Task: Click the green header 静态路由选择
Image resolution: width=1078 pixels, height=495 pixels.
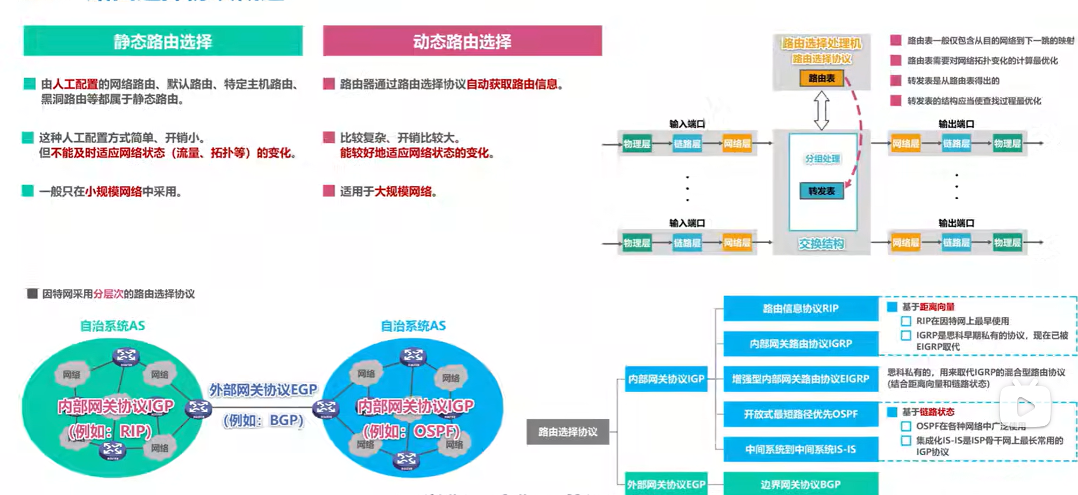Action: tap(163, 41)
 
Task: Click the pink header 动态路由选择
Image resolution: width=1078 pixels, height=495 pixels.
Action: tap(462, 41)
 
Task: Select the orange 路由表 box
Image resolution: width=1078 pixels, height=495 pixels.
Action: tap(821, 78)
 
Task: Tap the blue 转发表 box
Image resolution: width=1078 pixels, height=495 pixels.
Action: tap(822, 191)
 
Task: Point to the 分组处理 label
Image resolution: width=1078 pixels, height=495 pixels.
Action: tap(822, 159)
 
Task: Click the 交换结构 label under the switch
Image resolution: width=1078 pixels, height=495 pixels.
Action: tap(821, 244)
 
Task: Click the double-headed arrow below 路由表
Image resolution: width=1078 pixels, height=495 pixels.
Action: tap(821, 111)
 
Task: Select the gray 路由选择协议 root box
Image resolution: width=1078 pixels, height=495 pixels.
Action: tap(568, 432)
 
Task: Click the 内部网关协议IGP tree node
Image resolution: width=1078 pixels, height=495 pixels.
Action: tap(666, 379)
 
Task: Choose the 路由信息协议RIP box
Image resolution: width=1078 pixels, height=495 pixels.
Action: tap(801, 309)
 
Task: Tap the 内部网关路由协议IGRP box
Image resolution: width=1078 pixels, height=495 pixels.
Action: tap(801, 344)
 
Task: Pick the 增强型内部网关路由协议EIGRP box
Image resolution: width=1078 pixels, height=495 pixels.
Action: tap(801, 379)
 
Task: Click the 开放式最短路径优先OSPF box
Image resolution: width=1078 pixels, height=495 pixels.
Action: tap(801, 414)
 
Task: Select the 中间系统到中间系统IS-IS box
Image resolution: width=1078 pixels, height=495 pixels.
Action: tap(801, 449)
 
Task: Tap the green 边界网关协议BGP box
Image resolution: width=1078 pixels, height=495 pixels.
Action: tap(801, 484)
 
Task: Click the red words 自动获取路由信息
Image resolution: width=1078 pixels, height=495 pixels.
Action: tap(512, 84)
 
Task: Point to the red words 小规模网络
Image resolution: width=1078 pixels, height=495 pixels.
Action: tap(113, 192)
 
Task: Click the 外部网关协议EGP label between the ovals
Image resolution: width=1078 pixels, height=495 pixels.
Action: tap(263, 390)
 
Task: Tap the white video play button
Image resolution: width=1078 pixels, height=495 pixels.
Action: tap(1025, 406)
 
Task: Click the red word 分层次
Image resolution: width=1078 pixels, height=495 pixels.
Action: tap(108, 294)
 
